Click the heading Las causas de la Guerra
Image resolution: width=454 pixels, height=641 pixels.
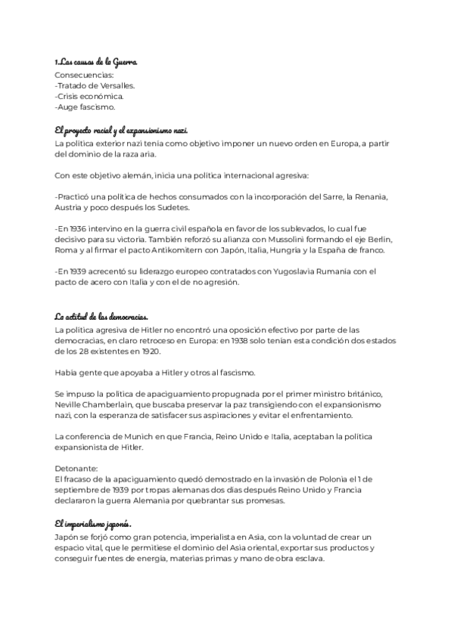tap(96, 62)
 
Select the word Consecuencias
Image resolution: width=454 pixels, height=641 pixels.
tap(85, 76)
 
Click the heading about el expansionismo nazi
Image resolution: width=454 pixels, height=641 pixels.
tap(120, 130)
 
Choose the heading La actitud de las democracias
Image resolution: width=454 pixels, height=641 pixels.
tap(101, 316)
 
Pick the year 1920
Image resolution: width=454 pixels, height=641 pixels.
tap(147, 351)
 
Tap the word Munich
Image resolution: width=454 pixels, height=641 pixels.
tap(138, 437)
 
